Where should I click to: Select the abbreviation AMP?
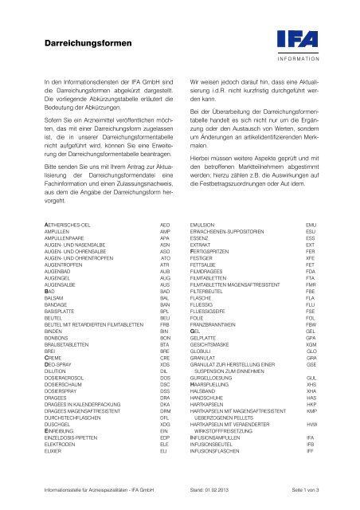166,233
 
